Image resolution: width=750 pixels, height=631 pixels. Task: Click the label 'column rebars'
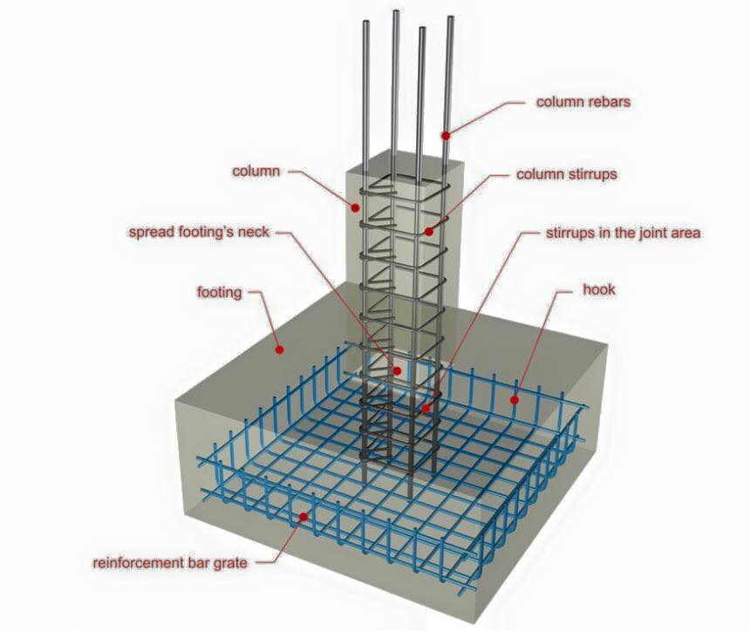click(x=583, y=102)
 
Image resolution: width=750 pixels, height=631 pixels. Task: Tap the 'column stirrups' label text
click(x=566, y=174)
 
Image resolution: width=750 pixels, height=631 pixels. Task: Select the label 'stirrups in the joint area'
click(x=624, y=233)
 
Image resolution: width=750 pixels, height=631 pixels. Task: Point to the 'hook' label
click(x=599, y=289)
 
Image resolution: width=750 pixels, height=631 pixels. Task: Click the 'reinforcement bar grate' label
click(x=170, y=563)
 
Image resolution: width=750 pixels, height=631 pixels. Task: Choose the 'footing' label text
click(x=220, y=292)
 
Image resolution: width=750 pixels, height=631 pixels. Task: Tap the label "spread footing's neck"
click(x=199, y=233)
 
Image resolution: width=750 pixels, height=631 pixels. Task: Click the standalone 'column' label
click(x=256, y=171)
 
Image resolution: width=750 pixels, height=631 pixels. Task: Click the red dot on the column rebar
click(x=446, y=136)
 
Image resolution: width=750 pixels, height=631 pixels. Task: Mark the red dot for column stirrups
click(x=429, y=231)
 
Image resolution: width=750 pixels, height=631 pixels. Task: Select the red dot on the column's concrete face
click(x=355, y=207)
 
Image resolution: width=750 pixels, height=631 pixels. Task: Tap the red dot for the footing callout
click(x=280, y=349)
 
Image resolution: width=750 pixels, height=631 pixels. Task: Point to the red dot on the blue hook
click(x=515, y=400)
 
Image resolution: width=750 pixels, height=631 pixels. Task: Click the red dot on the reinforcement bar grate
click(x=303, y=516)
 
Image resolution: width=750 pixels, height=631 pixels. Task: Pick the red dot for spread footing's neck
click(x=397, y=370)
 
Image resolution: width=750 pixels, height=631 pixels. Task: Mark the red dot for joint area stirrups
click(x=426, y=409)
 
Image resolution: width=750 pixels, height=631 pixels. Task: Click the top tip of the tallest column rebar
click(x=396, y=11)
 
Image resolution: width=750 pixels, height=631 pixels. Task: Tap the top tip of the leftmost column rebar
click(x=366, y=22)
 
